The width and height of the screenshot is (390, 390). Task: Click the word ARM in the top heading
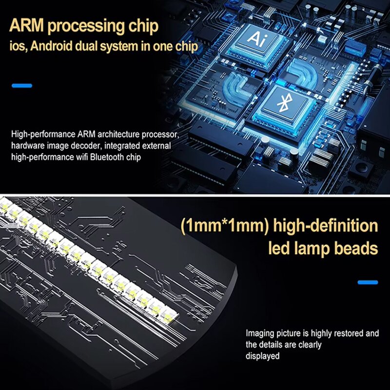coord(28,26)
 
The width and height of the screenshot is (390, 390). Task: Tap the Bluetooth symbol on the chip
coord(282,103)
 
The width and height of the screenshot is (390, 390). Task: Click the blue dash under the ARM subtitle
coord(22,86)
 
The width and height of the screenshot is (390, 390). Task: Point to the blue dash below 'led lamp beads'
coord(368,282)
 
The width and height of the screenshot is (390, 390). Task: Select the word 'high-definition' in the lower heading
coord(326,226)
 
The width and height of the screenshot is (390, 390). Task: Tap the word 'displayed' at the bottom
coord(262,356)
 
